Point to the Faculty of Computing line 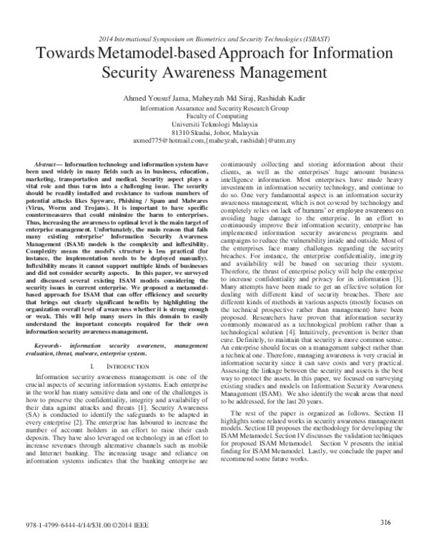point(214,116)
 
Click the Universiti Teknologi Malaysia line point(214,124)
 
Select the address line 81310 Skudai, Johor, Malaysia point(214,132)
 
